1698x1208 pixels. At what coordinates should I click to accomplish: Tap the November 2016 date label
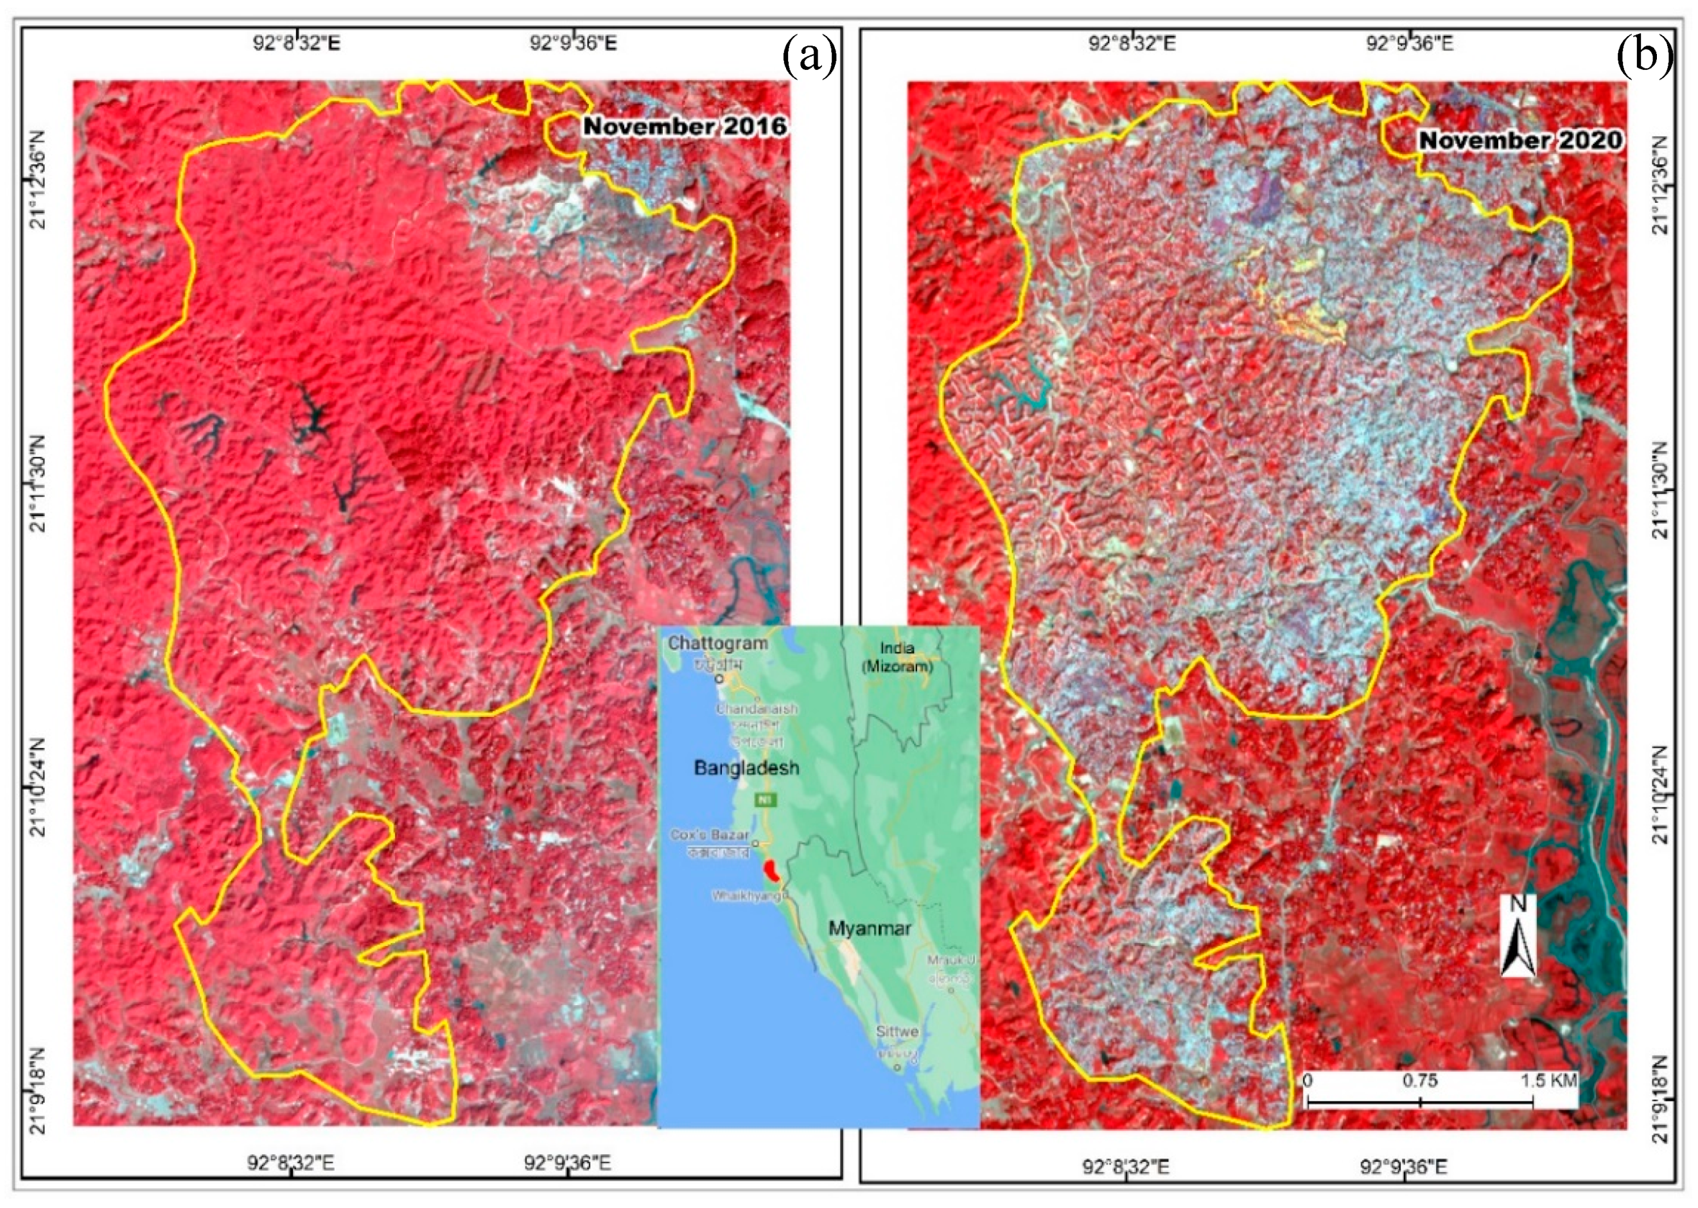[x=685, y=126]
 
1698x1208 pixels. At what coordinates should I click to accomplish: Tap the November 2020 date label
[x=1520, y=140]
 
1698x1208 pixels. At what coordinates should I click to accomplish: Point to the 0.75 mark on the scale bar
[x=1419, y=1081]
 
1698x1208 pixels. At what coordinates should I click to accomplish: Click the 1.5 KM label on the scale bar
[x=1548, y=1081]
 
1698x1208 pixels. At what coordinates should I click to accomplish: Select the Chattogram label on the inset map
[x=717, y=643]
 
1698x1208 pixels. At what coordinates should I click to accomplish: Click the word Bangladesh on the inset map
[x=746, y=768]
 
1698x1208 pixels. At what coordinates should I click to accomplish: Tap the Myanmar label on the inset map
[x=869, y=928]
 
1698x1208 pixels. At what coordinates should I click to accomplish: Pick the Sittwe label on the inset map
[x=897, y=1031]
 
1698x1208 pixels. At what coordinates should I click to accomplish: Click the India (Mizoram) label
[x=897, y=657]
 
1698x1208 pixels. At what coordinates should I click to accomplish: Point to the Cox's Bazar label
[x=709, y=834]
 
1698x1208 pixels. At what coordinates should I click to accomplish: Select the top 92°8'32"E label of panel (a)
[x=296, y=42]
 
